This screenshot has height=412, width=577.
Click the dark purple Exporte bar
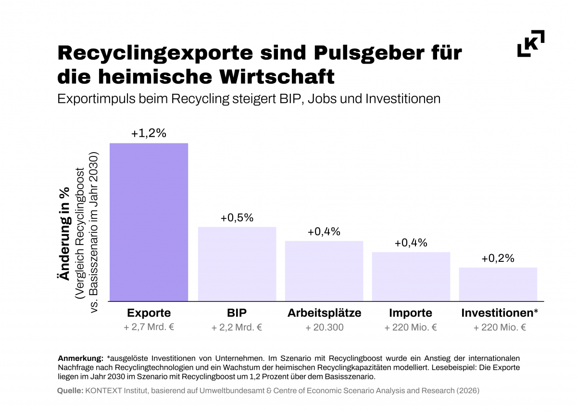point(149,222)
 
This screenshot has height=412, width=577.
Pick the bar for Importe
point(411,276)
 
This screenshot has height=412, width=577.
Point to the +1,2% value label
point(149,133)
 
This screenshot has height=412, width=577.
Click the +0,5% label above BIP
point(237,218)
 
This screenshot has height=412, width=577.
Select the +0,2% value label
point(498,258)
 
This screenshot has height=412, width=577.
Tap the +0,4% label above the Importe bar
point(411,243)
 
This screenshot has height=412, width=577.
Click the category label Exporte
point(149,313)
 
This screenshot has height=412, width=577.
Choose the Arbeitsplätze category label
point(324,313)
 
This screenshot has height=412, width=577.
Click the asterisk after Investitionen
point(536,312)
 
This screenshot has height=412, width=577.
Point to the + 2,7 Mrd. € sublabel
point(149,328)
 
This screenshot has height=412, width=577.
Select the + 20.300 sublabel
point(324,328)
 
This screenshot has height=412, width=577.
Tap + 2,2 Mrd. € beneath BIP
point(237,328)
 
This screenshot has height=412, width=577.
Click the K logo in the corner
point(531,43)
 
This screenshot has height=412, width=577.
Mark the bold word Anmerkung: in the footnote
point(80,359)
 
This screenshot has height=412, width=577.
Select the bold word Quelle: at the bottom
point(70,391)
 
